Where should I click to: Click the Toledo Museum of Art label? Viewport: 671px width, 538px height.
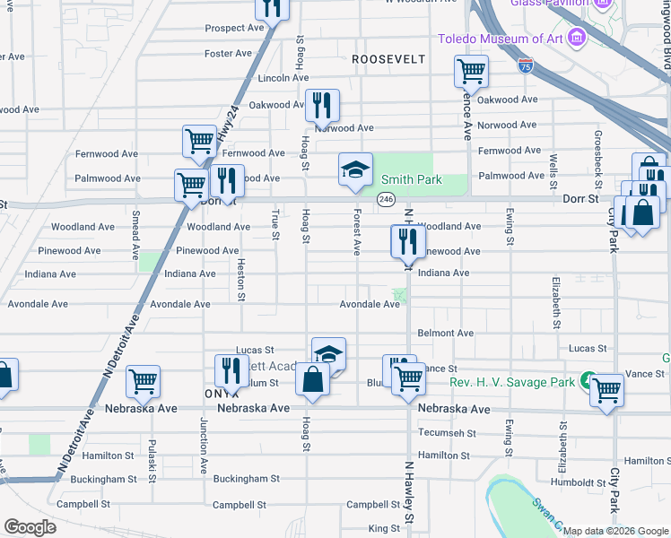(500, 39)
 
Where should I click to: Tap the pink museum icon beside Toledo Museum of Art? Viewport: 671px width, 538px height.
(576, 39)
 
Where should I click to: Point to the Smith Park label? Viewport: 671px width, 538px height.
(416, 179)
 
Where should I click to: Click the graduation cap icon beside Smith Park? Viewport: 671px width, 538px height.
(355, 169)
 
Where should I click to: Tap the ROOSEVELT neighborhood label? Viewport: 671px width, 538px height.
(388, 58)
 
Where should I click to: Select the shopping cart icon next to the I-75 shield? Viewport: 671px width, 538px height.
(471, 70)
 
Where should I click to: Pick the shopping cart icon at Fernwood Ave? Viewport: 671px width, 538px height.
(198, 140)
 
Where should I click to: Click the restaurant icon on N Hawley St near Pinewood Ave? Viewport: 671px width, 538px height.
(408, 239)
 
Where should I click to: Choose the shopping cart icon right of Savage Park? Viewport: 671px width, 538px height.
(607, 389)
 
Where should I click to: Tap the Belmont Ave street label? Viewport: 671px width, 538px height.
(446, 333)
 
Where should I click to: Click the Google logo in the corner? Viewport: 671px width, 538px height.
(30, 527)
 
